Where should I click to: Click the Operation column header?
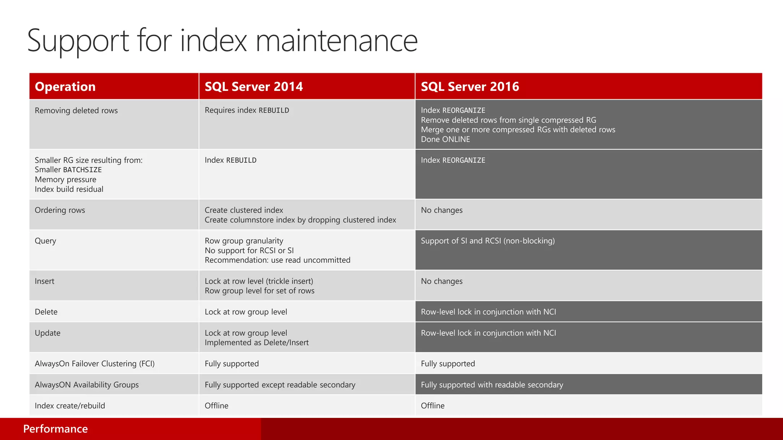65,87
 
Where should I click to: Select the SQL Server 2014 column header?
253,87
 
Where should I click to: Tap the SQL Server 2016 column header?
470,87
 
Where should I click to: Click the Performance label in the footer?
55,429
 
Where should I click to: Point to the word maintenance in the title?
336,41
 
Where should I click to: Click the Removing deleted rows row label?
76,111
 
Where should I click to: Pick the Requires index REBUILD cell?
247,110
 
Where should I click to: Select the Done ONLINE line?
445,139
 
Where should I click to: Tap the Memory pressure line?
65,180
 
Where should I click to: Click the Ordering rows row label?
60,210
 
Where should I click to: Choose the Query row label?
45,241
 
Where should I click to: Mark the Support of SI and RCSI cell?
487,241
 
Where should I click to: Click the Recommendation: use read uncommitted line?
277,260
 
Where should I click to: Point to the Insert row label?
44,281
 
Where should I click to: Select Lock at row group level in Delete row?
245,312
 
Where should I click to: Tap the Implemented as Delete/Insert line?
257,343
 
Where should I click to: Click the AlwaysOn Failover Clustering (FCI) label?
94,364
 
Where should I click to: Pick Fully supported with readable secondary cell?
492,385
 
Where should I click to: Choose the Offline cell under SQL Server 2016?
432,406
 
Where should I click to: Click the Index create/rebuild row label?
70,406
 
